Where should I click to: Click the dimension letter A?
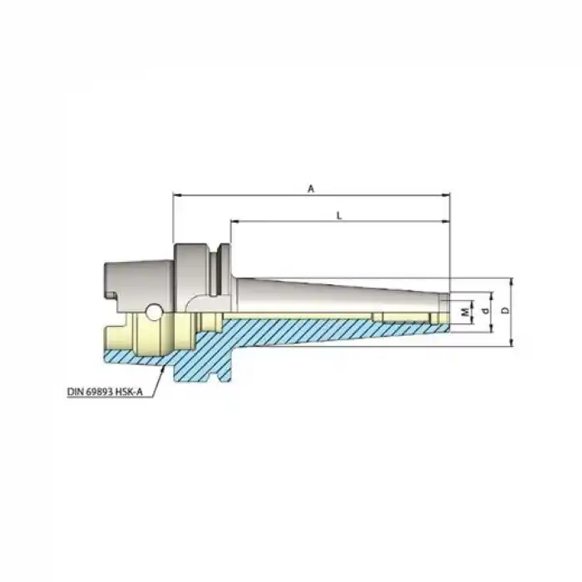click(310, 189)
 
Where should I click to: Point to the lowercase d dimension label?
click(485, 311)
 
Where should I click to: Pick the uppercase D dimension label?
click(505, 311)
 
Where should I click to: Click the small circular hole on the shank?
click(154, 312)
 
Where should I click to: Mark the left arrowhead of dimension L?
click(234, 222)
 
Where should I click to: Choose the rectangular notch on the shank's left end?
click(109, 293)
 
